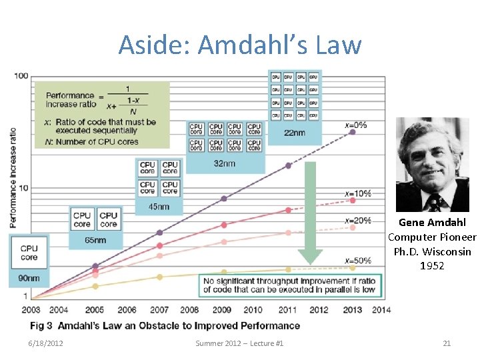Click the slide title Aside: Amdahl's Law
click(240, 45)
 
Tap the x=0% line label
click(356, 125)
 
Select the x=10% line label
click(358, 194)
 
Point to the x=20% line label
click(358, 220)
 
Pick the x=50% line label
click(358, 260)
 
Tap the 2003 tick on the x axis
click(31, 310)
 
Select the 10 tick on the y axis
click(23, 188)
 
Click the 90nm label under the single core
click(29, 278)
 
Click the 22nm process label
click(295, 133)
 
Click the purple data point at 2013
click(352, 132)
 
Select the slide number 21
click(447, 343)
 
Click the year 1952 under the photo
click(432, 266)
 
